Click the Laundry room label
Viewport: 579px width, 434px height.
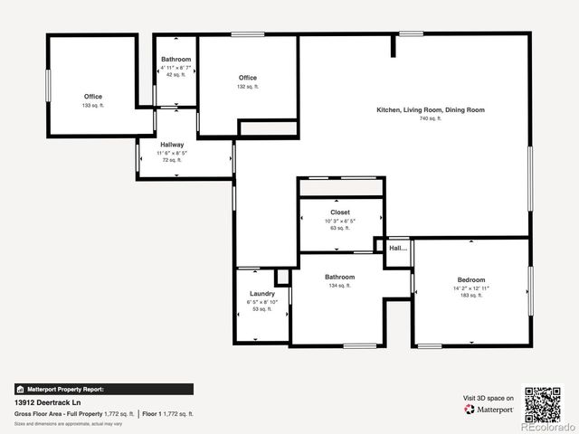[262, 294]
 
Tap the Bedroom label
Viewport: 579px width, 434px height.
[470, 280]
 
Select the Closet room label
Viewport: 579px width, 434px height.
[340, 212]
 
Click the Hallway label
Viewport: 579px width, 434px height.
[172, 145]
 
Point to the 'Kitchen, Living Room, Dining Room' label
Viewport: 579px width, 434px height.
[431, 110]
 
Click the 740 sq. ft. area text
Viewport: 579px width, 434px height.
[431, 118]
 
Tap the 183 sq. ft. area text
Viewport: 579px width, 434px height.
[470, 296]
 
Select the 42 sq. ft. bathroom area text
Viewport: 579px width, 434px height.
[176, 75]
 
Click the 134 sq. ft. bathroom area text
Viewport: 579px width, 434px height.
[340, 286]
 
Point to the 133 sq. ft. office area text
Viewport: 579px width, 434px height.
[93, 106]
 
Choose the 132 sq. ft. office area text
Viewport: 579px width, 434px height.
[248, 87]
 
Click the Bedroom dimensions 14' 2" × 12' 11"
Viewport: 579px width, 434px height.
[470, 288]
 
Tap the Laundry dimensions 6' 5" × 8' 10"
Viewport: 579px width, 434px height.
[262, 302]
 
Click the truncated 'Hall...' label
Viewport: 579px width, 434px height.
[398, 248]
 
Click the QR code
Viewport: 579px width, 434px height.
[543, 404]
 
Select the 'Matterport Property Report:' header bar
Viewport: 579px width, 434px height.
[103, 389]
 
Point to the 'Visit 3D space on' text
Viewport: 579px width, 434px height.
[489, 398]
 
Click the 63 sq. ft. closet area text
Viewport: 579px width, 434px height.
[340, 228]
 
